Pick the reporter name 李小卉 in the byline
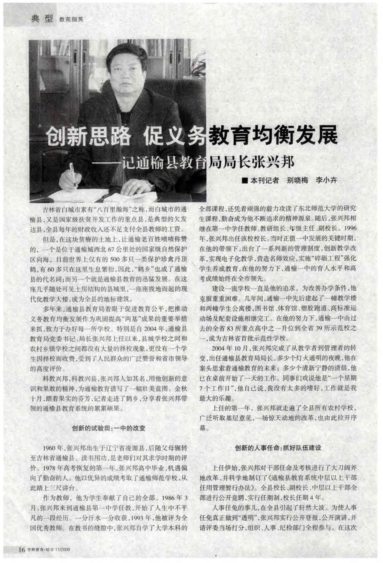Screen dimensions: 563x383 pos(326,181)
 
